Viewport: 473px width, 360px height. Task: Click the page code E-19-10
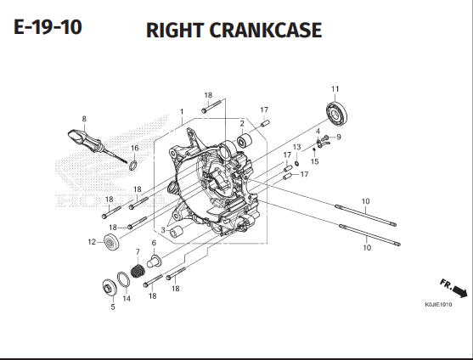48,28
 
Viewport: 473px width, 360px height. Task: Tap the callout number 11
335,89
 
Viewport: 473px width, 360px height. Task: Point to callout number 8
83,118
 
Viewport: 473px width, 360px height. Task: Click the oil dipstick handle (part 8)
76,135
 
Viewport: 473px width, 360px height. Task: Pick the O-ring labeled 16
133,162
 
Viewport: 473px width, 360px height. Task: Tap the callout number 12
90,242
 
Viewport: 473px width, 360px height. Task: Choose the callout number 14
127,299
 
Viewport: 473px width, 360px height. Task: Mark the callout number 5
112,307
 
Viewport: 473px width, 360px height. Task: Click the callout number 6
155,243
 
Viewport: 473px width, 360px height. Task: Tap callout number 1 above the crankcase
181,111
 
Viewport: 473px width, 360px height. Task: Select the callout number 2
242,124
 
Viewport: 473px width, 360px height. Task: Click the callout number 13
296,148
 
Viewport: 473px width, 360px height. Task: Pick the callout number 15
314,161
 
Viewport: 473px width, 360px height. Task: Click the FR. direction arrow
454,289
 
